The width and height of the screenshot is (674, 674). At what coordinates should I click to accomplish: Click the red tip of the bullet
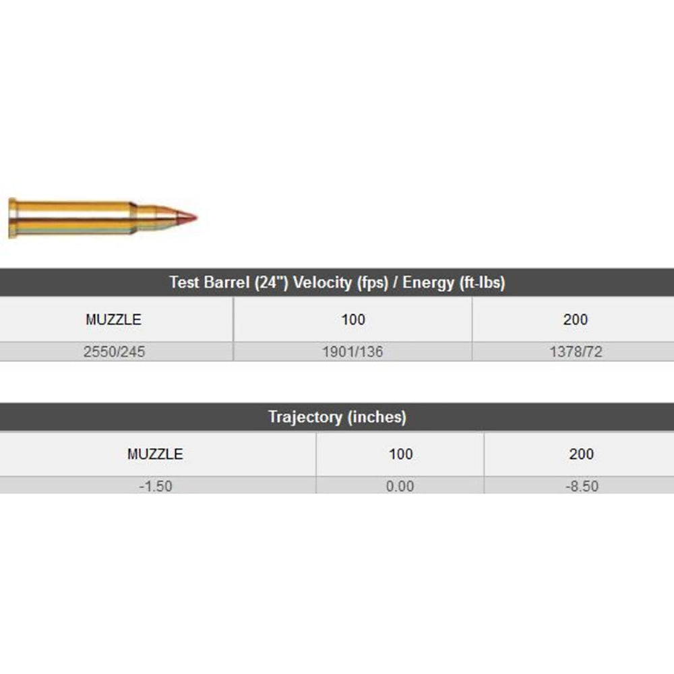coord(187,217)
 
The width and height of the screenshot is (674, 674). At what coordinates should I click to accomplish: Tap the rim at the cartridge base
coord(12,218)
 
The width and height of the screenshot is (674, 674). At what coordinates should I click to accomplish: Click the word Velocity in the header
coord(322,283)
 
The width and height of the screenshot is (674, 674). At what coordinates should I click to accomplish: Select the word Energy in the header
coord(428,283)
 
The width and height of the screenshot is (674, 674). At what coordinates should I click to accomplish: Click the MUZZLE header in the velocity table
coord(113,319)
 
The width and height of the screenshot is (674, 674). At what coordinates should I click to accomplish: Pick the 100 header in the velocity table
coord(353,319)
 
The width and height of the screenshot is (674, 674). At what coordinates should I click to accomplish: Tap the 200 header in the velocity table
coord(575,319)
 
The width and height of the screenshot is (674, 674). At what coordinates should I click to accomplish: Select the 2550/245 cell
coord(114,352)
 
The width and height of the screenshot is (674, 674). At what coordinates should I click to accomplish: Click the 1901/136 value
coord(353,352)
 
